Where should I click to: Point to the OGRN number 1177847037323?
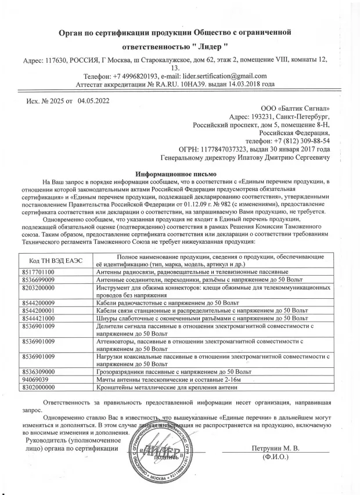point(238,149)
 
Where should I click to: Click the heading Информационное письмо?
point(175,174)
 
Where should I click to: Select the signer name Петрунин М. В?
point(275,448)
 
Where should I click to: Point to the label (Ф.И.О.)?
point(276,457)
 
